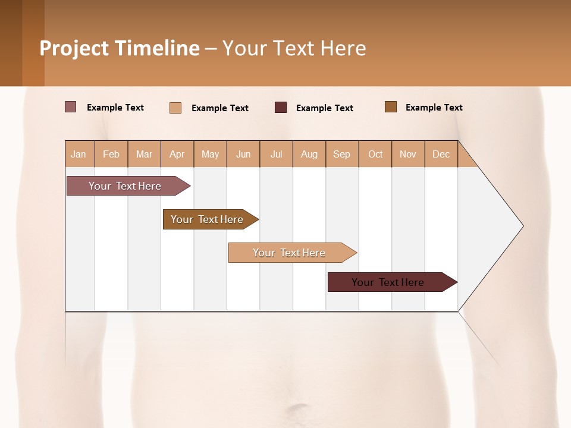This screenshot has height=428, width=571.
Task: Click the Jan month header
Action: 79,154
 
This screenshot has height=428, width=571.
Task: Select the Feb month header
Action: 111,154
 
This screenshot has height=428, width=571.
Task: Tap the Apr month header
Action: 177,154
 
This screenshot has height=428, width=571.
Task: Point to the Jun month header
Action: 243,154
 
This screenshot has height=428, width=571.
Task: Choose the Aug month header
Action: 309,154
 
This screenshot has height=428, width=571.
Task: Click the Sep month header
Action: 341,154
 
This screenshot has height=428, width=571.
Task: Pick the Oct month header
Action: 375,154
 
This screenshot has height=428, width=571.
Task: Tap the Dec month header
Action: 441,154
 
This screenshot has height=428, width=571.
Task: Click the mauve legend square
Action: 71,107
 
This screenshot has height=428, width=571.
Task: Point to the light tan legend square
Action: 175,108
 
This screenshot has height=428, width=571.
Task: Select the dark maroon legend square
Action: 281,108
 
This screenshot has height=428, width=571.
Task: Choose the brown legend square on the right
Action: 391,107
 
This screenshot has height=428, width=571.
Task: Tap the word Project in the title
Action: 74,48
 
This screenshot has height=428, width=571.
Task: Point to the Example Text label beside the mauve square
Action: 115,108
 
